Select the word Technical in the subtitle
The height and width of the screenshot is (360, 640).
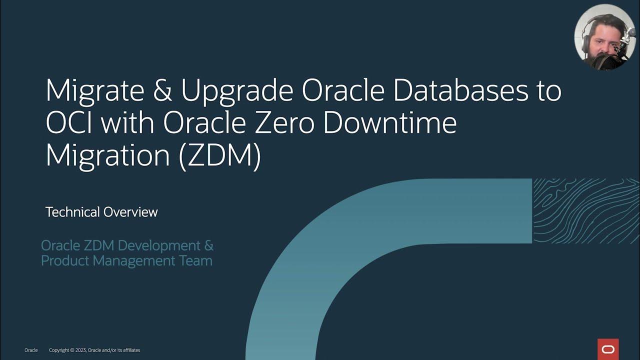[72, 212]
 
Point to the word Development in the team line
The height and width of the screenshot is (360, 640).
[158, 246]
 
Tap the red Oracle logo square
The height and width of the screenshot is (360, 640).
[608, 349]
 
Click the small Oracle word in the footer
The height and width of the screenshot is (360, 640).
[31, 350]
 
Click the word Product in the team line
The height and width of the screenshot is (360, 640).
[64, 261]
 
